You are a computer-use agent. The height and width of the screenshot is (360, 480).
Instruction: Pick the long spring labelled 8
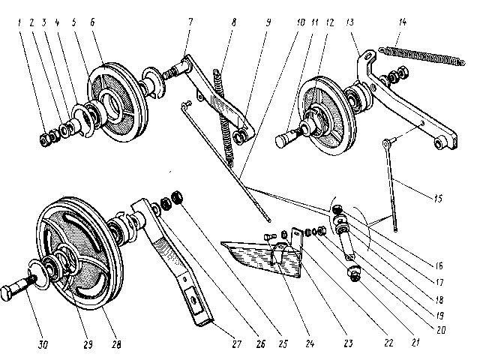coord(224,112)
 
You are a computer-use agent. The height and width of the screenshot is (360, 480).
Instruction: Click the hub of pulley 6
coord(115,100)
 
